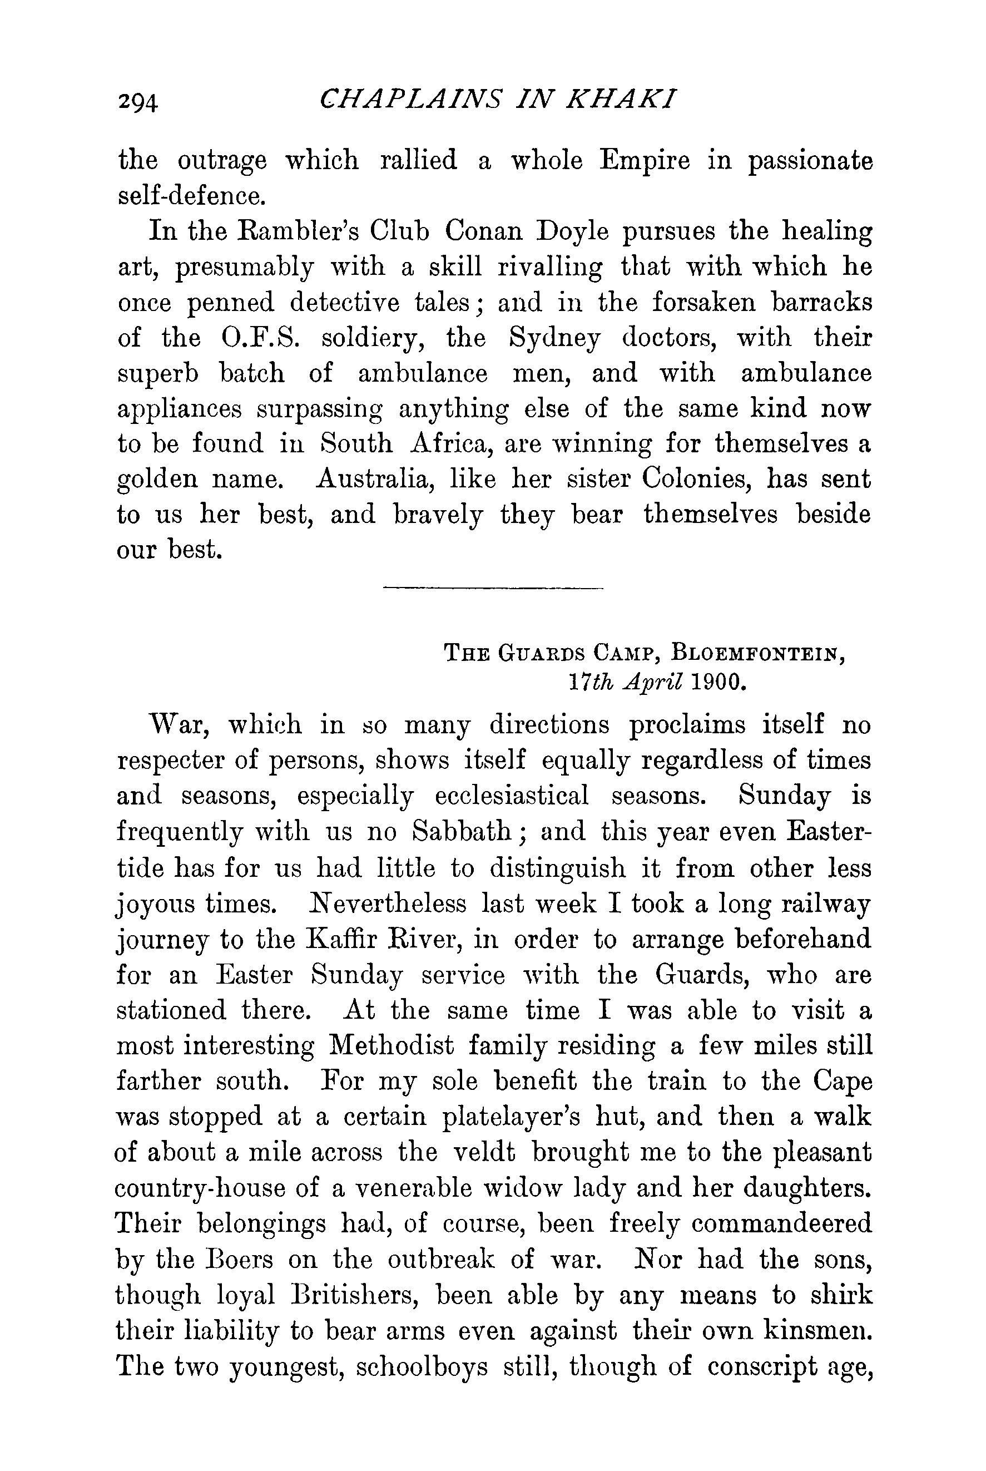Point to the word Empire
point(644,161)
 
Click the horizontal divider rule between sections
point(492,588)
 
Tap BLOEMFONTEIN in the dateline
point(759,653)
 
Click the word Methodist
point(391,1046)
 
